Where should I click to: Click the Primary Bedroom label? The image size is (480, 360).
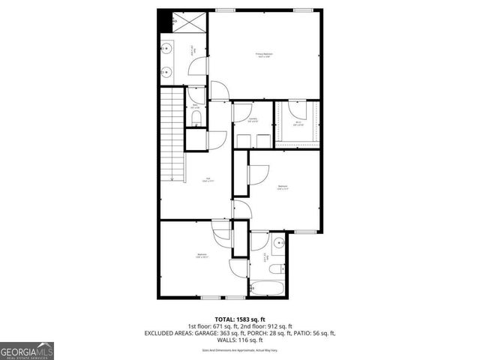pyautogui.click(x=263, y=55)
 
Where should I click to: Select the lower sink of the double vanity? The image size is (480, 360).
pyautogui.click(x=166, y=73)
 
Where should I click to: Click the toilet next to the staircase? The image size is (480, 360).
pyautogui.click(x=195, y=119)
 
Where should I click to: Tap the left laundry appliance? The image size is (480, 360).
pyautogui.click(x=244, y=140)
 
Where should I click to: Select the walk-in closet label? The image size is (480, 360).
pyautogui.click(x=298, y=122)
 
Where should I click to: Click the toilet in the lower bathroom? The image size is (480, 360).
pyautogui.click(x=275, y=268)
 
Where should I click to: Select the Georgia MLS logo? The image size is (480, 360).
pyautogui.click(x=27, y=350)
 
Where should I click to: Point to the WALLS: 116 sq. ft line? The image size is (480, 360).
pyautogui.click(x=239, y=339)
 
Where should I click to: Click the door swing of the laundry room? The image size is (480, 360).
pyautogui.click(x=241, y=111)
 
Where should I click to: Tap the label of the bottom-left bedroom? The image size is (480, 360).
pyautogui.click(x=202, y=256)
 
